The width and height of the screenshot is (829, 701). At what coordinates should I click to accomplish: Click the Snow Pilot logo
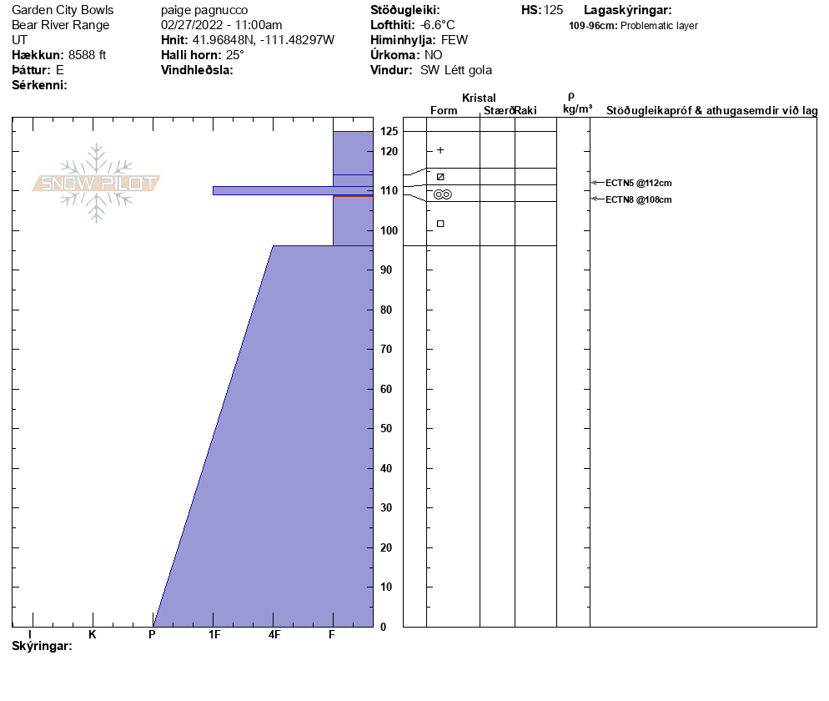[97, 183]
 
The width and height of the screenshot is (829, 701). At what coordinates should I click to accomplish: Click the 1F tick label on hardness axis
[214, 635]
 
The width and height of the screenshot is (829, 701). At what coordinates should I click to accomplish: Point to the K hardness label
[93, 635]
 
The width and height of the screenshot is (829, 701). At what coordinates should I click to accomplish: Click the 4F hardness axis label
[274, 635]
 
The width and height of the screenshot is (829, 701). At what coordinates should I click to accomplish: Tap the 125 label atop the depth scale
[389, 132]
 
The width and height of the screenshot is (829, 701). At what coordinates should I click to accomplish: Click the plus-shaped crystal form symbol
[440, 150]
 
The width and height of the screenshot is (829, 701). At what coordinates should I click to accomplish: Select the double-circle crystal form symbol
[443, 194]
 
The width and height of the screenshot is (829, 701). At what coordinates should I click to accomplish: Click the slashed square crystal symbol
[440, 177]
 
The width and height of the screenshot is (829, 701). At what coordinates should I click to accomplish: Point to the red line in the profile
[353, 195]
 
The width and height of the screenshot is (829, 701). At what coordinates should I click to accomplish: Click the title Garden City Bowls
[63, 10]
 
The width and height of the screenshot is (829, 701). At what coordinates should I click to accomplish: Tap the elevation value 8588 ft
[87, 55]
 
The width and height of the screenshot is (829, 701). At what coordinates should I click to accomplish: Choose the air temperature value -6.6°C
[437, 25]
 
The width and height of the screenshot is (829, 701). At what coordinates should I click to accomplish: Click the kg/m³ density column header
[577, 109]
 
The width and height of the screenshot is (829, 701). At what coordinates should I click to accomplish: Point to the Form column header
[443, 110]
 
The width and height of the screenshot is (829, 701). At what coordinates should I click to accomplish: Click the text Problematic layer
[659, 26]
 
